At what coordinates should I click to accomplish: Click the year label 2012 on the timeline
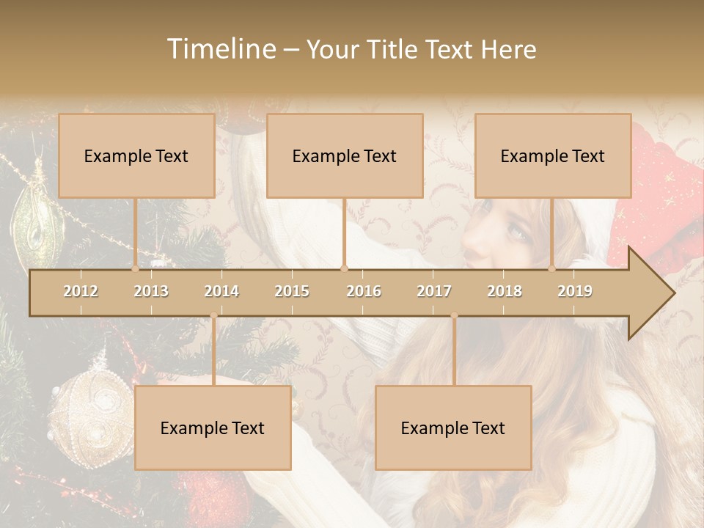click(81, 291)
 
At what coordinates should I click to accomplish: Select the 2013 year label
click(151, 291)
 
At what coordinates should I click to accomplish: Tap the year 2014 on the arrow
click(221, 291)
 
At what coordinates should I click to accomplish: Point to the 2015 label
click(292, 291)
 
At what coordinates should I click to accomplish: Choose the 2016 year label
click(364, 291)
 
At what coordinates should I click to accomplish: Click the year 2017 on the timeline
click(434, 291)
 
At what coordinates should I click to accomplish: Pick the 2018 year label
click(505, 291)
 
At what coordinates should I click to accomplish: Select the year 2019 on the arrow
click(575, 291)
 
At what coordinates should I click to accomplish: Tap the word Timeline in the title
click(221, 49)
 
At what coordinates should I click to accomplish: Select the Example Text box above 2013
click(136, 155)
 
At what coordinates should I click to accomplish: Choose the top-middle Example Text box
click(345, 155)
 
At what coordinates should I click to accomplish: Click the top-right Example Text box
click(553, 155)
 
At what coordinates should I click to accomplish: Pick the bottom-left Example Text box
click(213, 428)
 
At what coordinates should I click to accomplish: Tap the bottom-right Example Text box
click(453, 428)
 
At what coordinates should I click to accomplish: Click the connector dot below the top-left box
click(135, 269)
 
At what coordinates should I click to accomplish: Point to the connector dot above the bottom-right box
click(454, 315)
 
